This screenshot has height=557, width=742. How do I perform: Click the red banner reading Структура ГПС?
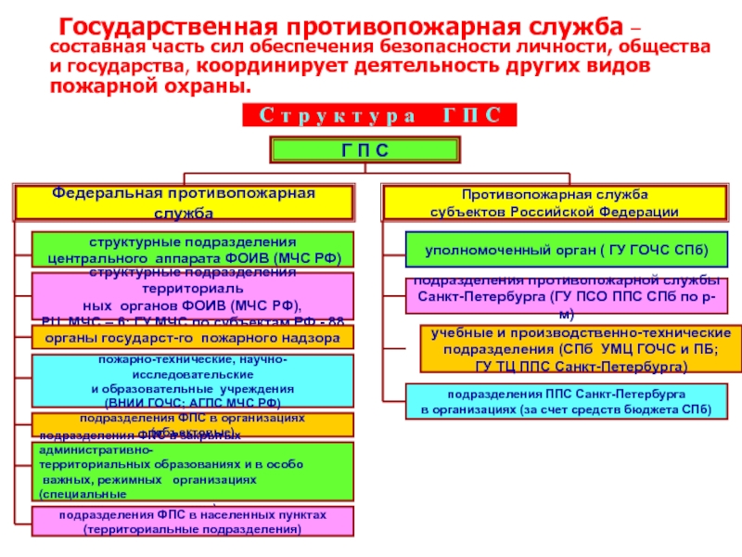(x=378, y=115)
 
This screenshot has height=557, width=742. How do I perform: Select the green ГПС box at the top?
(x=365, y=150)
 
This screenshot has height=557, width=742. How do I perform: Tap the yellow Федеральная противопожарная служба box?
(x=183, y=201)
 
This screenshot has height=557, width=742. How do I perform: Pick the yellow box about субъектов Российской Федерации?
(x=555, y=202)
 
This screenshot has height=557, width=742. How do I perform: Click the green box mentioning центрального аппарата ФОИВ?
(x=194, y=250)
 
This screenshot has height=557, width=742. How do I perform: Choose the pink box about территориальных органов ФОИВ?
(x=194, y=296)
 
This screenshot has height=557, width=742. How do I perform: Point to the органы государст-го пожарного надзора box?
(x=194, y=339)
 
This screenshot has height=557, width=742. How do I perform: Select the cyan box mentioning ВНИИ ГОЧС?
(x=192, y=381)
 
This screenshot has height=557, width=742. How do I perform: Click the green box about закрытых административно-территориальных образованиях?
(x=194, y=471)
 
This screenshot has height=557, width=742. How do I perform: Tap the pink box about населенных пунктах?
(x=193, y=522)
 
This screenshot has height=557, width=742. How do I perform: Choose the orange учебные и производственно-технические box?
(x=574, y=348)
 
